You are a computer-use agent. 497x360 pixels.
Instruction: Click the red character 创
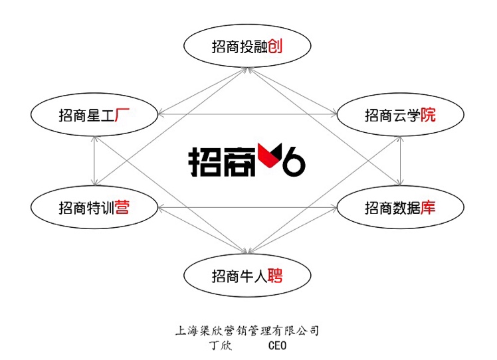click(275, 46)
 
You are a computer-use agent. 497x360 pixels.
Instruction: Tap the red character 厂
click(122, 115)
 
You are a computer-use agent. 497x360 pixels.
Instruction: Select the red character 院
click(428, 115)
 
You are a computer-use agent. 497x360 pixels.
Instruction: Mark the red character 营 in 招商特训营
click(122, 208)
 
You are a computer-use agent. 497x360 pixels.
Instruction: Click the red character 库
click(428, 208)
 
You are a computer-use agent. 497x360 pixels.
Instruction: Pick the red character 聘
click(275, 276)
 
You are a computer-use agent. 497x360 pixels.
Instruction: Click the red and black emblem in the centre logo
click(270, 155)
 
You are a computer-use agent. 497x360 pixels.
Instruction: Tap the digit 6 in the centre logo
click(294, 161)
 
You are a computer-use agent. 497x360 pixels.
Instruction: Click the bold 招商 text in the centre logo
click(222, 161)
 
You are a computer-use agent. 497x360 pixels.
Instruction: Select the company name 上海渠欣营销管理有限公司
click(247, 331)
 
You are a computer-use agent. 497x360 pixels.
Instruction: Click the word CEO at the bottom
click(277, 345)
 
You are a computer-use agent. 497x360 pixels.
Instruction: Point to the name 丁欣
click(221, 345)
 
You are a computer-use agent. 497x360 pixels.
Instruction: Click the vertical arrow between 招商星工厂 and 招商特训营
click(94, 161)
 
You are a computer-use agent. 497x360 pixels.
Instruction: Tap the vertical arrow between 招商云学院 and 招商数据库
click(401, 161)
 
